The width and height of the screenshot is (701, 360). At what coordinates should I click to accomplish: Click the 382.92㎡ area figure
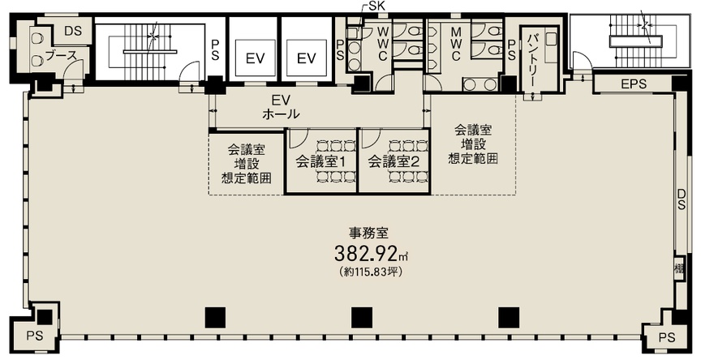(372, 254)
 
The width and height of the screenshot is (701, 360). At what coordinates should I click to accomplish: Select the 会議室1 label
(320, 161)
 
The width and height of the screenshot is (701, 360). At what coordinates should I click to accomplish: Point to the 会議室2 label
(393, 161)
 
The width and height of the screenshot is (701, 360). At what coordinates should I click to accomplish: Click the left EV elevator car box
(255, 58)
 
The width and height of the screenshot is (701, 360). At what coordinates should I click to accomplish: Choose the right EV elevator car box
(307, 58)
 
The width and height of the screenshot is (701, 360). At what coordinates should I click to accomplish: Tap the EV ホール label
(281, 106)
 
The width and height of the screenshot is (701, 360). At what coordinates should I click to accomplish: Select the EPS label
(634, 84)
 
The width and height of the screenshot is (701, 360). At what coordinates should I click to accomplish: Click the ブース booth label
(62, 56)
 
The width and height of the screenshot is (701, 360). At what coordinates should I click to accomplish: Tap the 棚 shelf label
(680, 269)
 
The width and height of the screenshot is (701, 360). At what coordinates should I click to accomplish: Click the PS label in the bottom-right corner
(667, 337)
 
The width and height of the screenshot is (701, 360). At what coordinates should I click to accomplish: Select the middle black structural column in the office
(362, 318)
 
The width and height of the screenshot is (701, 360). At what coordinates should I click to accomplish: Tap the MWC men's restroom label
(455, 45)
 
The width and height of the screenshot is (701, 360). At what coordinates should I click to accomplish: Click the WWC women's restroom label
(383, 45)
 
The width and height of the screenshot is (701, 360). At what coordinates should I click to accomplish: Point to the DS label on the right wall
(681, 199)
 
